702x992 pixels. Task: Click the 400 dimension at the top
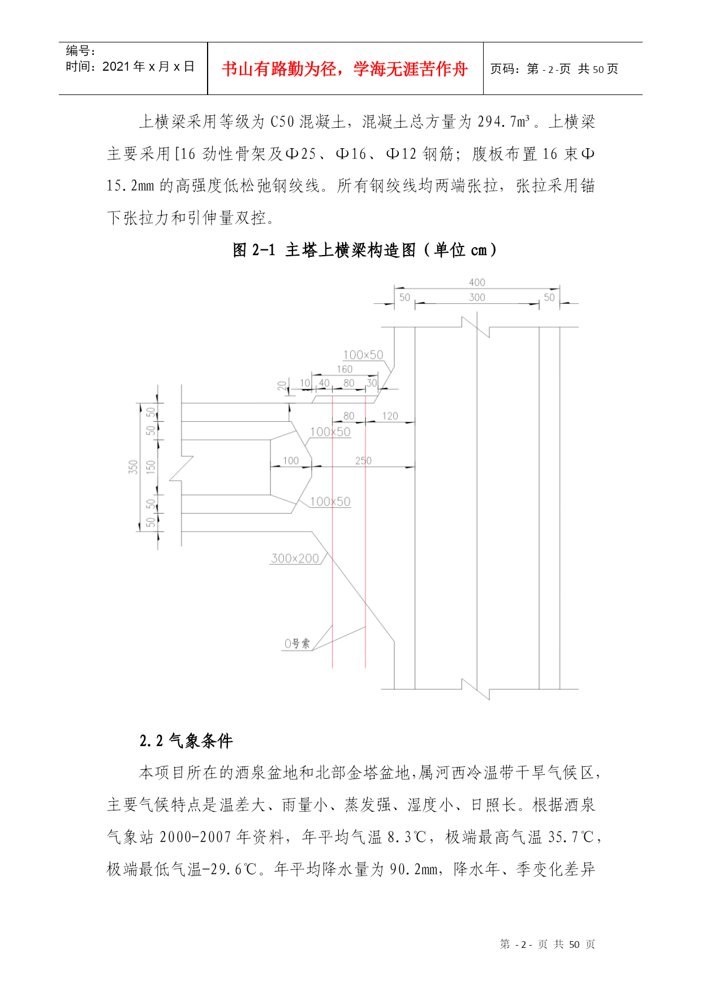tap(477, 282)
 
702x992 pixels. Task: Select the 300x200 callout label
tap(295, 558)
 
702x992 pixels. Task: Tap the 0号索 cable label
tap(297, 644)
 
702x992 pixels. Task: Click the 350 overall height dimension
tap(133, 467)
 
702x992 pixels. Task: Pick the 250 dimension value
tap(363, 460)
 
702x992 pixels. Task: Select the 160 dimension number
tap(344, 369)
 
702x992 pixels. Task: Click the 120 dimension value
tap(390, 416)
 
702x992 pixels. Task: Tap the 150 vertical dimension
tap(150, 467)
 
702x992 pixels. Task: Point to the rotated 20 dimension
tap(282, 386)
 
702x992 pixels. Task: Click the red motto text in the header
tap(344, 69)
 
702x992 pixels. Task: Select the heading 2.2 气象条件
tap(186, 741)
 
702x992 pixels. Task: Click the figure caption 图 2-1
tap(254, 249)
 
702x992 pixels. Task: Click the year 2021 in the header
tap(117, 67)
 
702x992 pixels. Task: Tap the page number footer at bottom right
tap(548, 944)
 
